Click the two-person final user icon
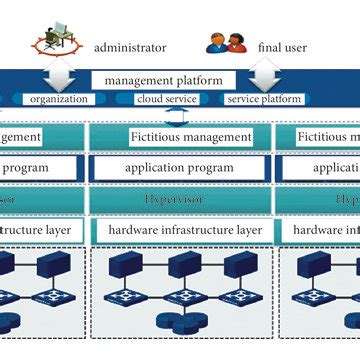(x=226, y=43)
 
